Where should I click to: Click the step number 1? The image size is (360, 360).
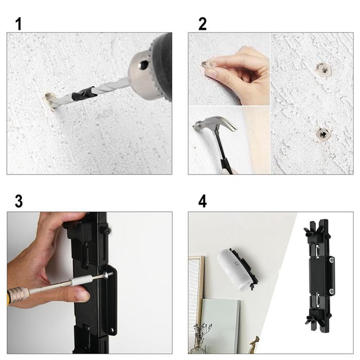coord(19,24)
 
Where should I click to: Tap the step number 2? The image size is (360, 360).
coord(203,24)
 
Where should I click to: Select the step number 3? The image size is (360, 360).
coord(19,201)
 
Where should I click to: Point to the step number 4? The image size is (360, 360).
coord(203,201)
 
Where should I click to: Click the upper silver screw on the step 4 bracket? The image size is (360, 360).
coord(331,261)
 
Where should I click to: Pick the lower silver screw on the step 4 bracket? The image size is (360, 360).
coord(331,292)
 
